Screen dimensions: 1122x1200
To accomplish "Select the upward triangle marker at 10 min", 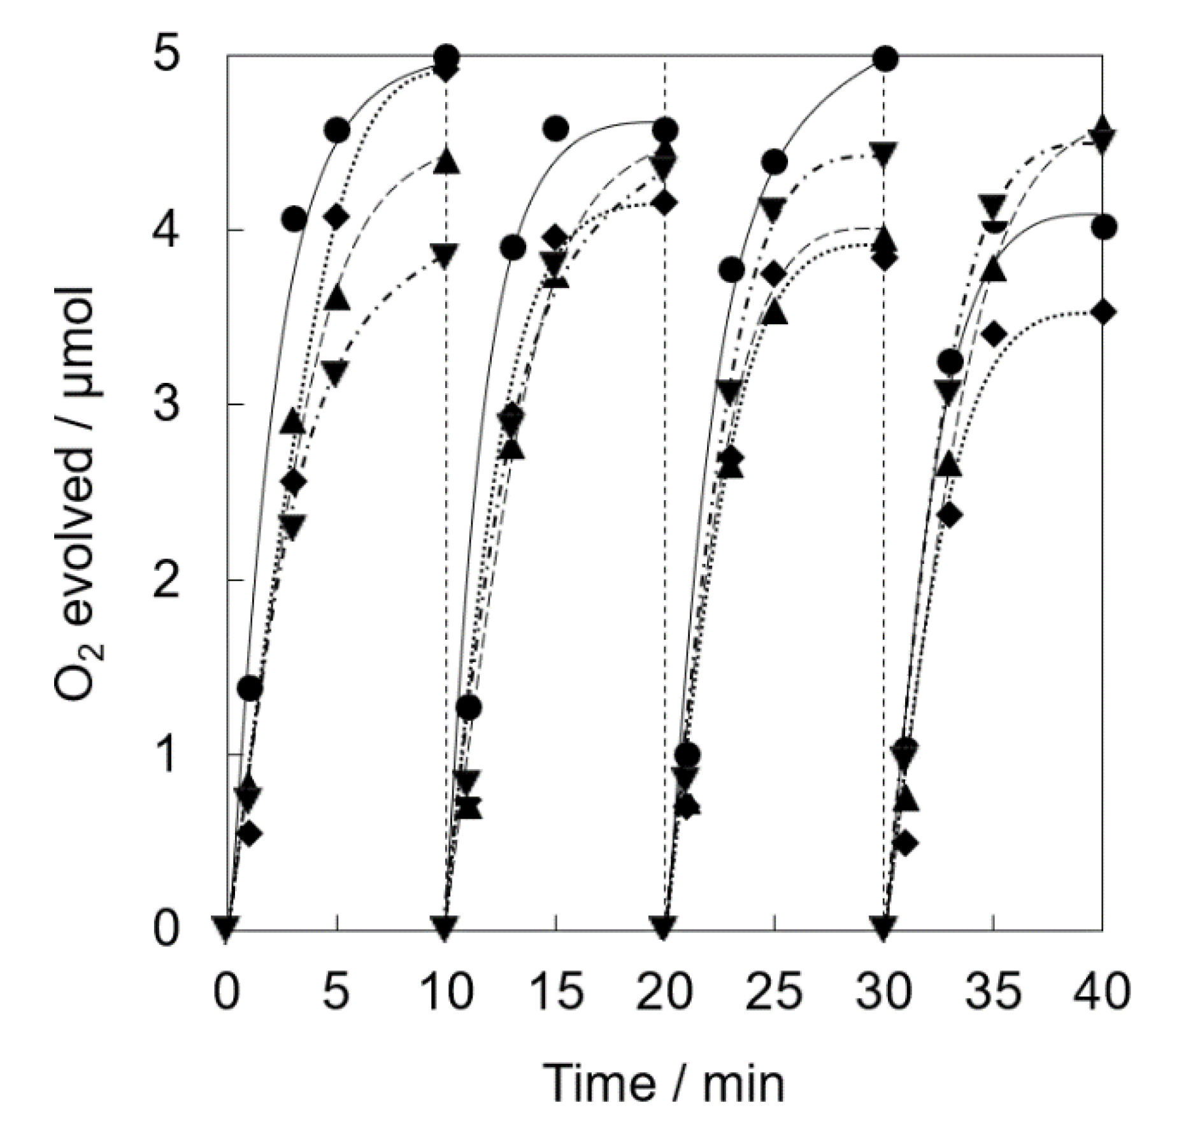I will click(447, 161).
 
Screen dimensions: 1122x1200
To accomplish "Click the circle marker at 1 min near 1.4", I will click(250, 687).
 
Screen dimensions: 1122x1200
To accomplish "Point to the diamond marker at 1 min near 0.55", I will click(250, 833).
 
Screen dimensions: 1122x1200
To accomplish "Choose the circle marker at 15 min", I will click(556, 129).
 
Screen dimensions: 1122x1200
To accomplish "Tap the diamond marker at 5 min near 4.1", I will click(337, 218).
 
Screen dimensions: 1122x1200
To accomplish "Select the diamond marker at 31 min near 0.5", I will click(905, 844).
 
